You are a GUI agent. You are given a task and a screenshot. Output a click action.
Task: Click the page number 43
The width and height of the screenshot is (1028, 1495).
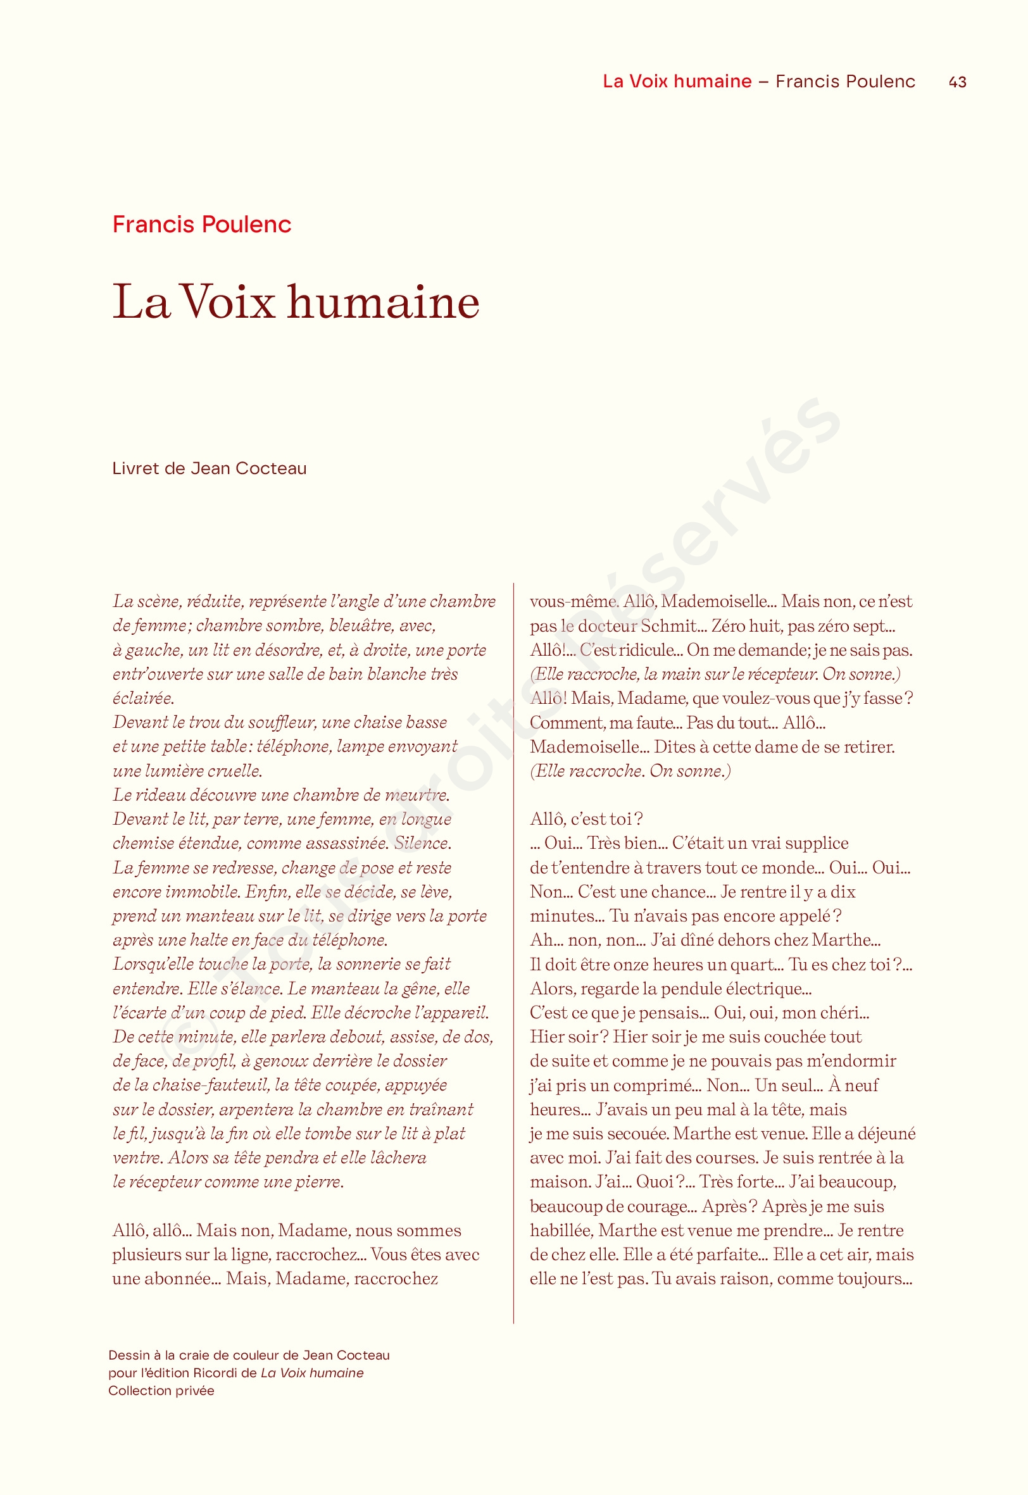pyautogui.click(x=957, y=82)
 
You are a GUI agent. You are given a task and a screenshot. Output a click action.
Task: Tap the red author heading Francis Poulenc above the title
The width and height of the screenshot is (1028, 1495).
pyautogui.click(x=201, y=224)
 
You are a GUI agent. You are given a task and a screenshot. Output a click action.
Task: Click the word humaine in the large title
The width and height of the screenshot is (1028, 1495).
pyautogui.click(x=383, y=302)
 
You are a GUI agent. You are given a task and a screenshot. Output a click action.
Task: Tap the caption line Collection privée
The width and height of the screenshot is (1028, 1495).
pyautogui.click(x=161, y=1391)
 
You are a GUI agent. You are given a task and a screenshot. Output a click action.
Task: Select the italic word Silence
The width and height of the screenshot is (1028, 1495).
pyautogui.click(x=423, y=844)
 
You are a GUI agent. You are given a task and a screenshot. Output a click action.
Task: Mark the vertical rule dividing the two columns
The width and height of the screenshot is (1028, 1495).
pyautogui.click(x=513, y=966)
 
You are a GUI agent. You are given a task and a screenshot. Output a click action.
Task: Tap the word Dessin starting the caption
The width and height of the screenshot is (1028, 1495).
pyautogui.click(x=130, y=1355)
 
